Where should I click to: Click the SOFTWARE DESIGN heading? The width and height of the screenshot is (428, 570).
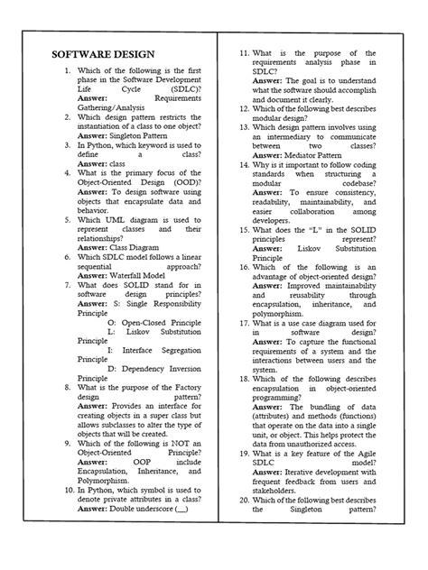pyautogui.click(x=103, y=54)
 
